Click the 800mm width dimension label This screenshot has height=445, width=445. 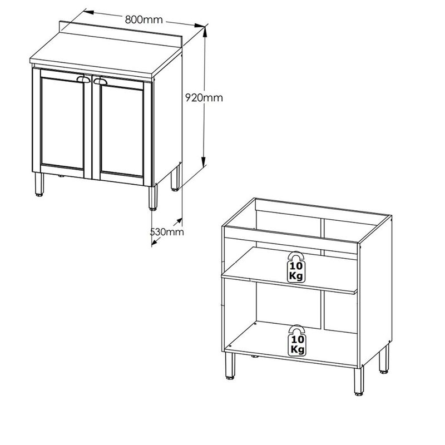[x=144, y=19]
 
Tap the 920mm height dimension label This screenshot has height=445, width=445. [x=204, y=98]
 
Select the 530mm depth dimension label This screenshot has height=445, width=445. [x=167, y=232]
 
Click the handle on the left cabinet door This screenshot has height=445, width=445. [x=83, y=80]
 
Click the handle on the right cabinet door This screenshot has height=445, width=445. [x=101, y=82]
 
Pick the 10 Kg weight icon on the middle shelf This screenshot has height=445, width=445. [x=296, y=267]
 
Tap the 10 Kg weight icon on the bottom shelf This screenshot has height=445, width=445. [x=297, y=340]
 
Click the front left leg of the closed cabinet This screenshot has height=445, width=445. [x=39, y=184]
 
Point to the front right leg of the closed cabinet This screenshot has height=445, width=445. [x=153, y=197]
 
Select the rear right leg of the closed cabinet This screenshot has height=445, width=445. [x=175, y=178]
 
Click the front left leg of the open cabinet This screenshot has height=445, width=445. [x=230, y=366]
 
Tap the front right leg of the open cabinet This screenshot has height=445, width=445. [x=359, y=381]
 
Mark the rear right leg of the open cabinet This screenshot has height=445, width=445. [x=384, y=359]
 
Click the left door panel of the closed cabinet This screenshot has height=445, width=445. [x=62, y=122]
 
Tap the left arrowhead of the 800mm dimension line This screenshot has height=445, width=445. [x=88, y=12]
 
